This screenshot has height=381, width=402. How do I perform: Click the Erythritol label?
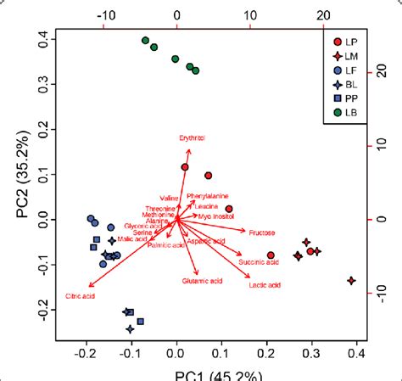point(193,138)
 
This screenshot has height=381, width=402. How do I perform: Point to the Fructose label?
point(260,231)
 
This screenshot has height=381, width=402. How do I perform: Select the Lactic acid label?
point(264,284)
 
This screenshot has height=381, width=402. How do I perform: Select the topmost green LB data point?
point(145,41)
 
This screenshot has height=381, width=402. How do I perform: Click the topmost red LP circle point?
point(184,167)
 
